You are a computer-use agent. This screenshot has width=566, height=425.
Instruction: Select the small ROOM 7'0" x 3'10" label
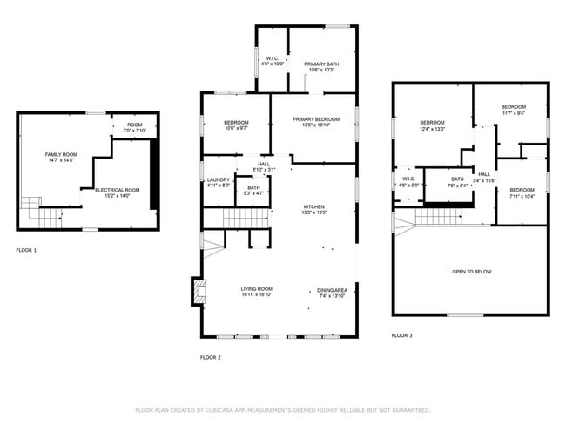point(135,127)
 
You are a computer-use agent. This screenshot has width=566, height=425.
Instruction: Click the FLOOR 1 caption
point(26,250)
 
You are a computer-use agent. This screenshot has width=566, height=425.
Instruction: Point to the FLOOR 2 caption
point(211,357)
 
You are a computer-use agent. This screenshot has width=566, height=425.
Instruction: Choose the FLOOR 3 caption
point(401,335)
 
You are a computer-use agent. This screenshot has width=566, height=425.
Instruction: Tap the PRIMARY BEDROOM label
point(315,122)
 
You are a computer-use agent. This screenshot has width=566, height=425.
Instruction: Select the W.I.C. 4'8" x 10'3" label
point(273,62)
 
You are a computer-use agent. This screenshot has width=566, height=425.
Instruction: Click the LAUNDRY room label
point(219,181)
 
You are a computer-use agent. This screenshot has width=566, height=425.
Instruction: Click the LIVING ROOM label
point(257,291)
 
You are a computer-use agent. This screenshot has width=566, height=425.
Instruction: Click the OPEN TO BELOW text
point(471,272)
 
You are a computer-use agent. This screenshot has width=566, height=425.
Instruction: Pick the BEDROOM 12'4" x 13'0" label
point(433,125)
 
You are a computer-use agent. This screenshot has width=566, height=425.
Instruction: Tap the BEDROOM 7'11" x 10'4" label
point(522,192)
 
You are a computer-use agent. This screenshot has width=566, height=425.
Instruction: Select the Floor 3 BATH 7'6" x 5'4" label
point(457,182)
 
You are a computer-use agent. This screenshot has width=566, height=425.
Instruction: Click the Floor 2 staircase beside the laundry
point(242,218)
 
